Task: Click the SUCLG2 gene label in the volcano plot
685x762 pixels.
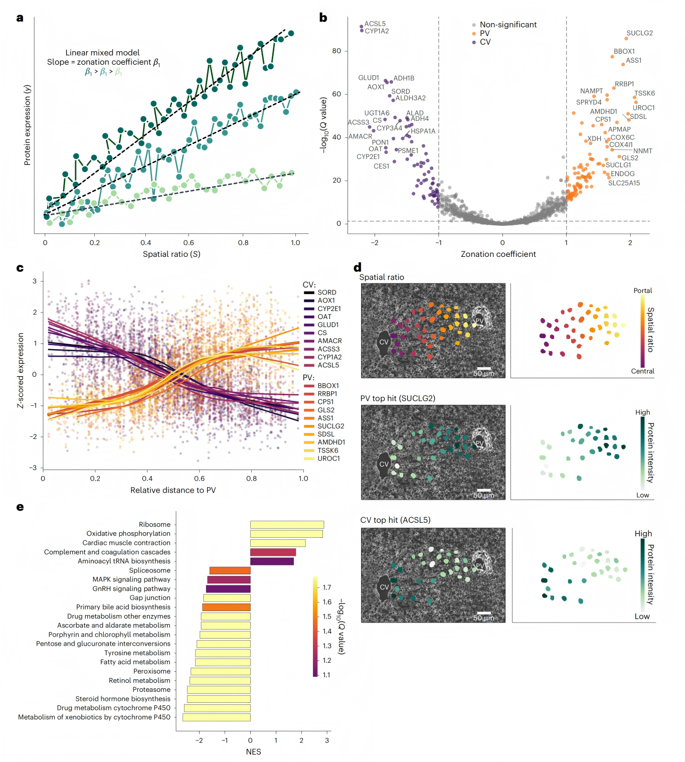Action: coord(639,33)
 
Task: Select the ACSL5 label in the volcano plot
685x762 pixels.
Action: coord(375,24)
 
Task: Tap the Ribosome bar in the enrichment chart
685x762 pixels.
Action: coord(287,525)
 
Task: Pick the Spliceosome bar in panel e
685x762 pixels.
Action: coord(230,570)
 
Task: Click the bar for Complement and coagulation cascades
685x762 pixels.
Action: coord(273,552)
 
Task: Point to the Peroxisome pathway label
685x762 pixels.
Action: coord(151,671)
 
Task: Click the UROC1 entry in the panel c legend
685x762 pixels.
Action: coord(328,459)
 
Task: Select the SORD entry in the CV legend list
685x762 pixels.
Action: coord(326,292)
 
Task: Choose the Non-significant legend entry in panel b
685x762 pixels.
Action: coord(507,25)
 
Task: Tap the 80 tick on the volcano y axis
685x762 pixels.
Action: coord(336,51)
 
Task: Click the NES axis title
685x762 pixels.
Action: coord(253,751)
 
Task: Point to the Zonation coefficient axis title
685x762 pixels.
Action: coord(498,254)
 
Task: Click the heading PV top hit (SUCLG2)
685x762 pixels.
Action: coord(398,398)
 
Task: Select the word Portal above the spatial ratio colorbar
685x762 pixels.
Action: coord(642,291)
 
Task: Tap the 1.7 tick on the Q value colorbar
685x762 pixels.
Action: coord(326,587)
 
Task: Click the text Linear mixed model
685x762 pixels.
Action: coord(102,53)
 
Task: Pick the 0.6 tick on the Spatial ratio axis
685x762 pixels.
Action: coord(189,243)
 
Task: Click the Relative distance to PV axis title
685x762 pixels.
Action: coord(173,490)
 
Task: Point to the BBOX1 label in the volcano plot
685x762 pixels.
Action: coord(624,52)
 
